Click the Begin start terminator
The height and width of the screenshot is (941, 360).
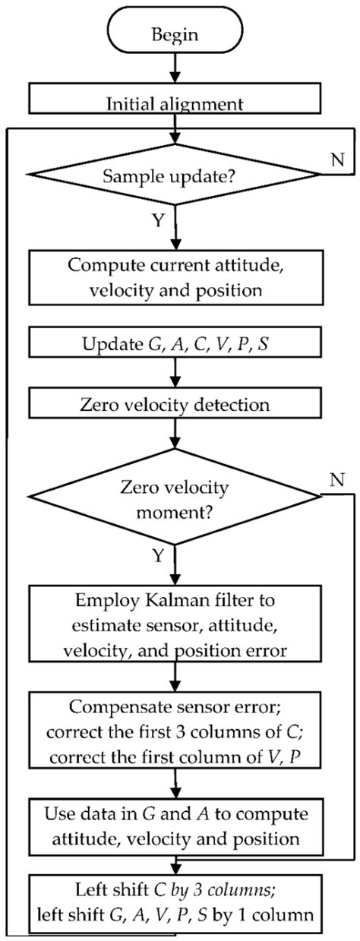point(177,34)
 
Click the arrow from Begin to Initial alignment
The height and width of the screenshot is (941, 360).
point(177,71)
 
